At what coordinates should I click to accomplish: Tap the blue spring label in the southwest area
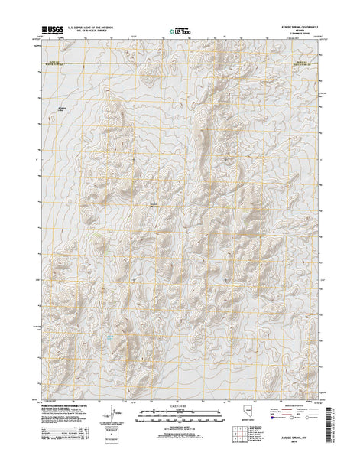pyautogui.click(x=111, y=315)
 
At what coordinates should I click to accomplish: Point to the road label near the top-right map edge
pyautogui.click(x=304, y=60)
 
